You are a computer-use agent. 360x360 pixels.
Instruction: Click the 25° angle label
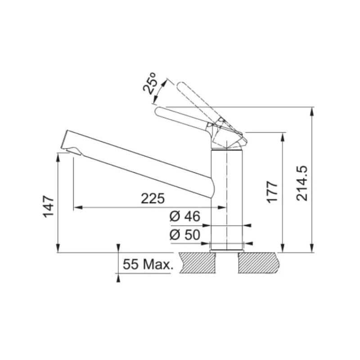click(x=149, y=83)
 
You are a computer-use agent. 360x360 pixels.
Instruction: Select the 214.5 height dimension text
click(x=301, y=183)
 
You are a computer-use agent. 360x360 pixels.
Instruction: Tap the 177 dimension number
click(x=272, y=192)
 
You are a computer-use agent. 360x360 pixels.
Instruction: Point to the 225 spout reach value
click(x=153, y=198)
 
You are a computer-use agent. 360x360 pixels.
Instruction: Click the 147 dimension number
click(x=49, y=207)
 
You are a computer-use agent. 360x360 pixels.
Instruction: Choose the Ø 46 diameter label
click(x=185, y=216)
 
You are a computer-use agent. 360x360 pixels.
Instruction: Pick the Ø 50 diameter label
click(x=185, y=234)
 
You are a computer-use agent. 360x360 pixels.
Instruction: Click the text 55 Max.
click(x=148, y=264)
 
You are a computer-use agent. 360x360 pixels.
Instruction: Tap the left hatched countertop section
click(x=198, y=263)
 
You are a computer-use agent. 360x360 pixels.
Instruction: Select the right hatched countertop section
click(x=260, y=263)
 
